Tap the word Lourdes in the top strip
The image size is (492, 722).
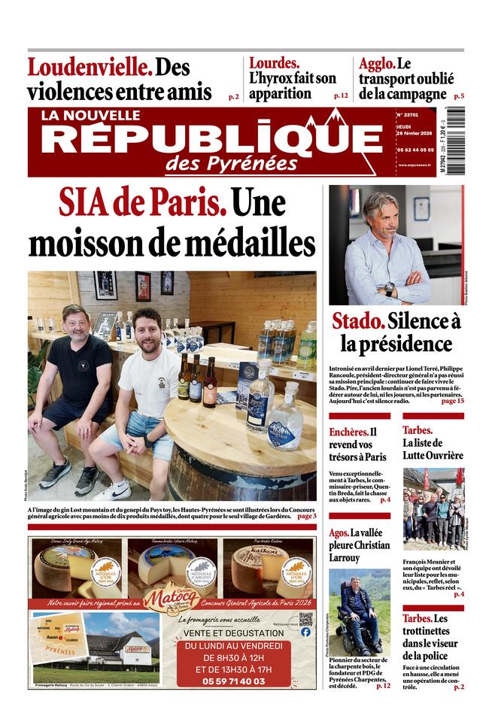pos(274,63)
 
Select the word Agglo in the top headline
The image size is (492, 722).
pos(376,63)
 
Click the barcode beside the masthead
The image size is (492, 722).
pos(456,142)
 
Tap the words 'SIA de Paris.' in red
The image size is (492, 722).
pos(142,205)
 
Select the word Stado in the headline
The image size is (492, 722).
pos(358,322)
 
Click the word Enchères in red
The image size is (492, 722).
pos(348,432)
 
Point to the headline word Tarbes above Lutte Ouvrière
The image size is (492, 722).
pos(418,430)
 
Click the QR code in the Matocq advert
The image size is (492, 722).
pos(305,619)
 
